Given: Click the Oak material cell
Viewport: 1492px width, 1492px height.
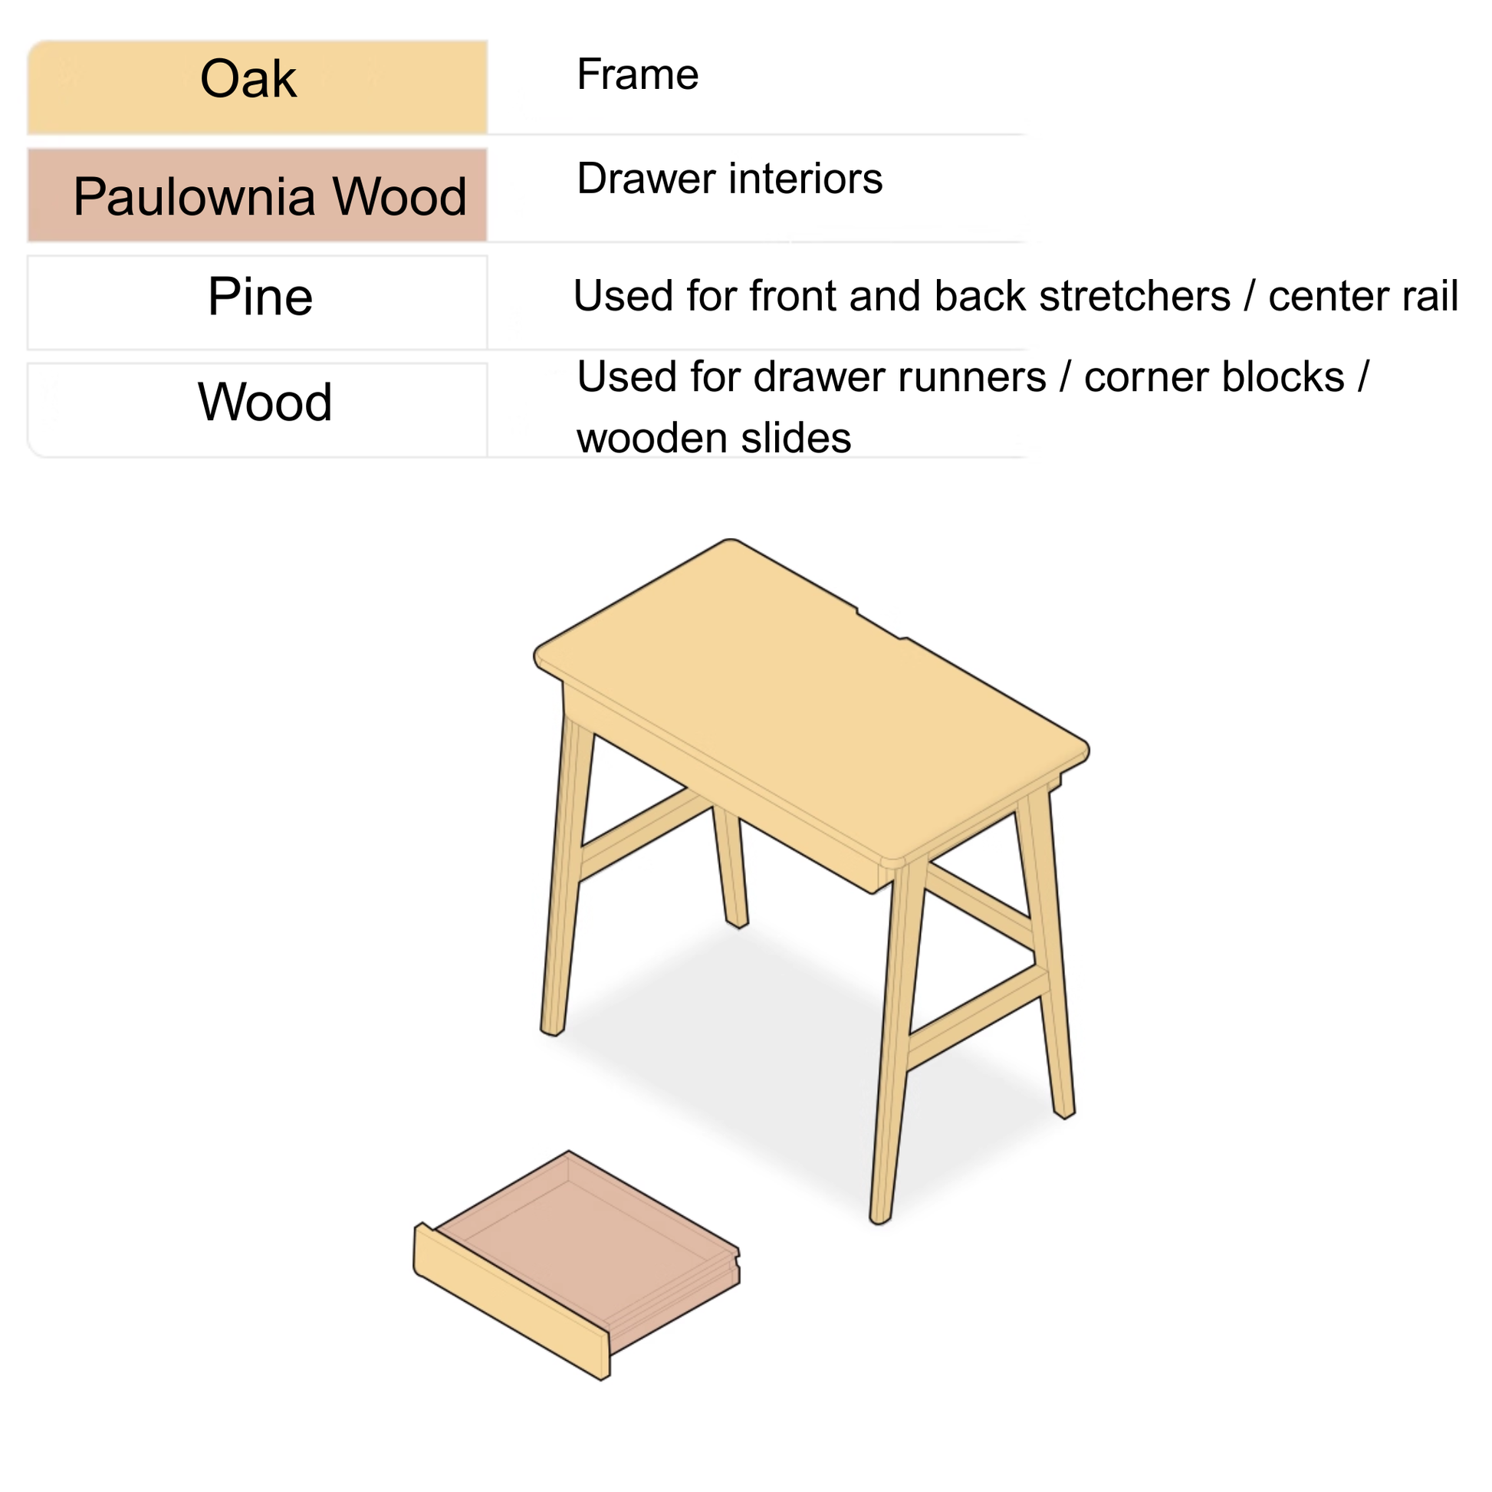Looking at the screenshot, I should [x=256, y=87].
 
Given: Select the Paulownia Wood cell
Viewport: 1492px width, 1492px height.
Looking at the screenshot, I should [x=256, y=196].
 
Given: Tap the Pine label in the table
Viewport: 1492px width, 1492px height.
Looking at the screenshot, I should [x=259, y=297].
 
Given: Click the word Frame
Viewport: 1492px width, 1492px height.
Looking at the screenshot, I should [x=637, y=75].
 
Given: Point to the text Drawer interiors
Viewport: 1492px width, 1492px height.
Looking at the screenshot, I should [x=729, y=179].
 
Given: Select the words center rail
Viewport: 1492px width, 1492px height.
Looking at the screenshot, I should [x=1363, y=297].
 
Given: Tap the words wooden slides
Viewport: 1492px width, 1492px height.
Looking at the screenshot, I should [x=714, y=439].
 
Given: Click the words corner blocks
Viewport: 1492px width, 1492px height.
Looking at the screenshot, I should [x=1214, y=378].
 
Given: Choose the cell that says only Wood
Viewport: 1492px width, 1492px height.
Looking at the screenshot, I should [x=264, y=403].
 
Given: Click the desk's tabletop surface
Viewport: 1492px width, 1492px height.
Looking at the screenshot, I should [x=811, y=695].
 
